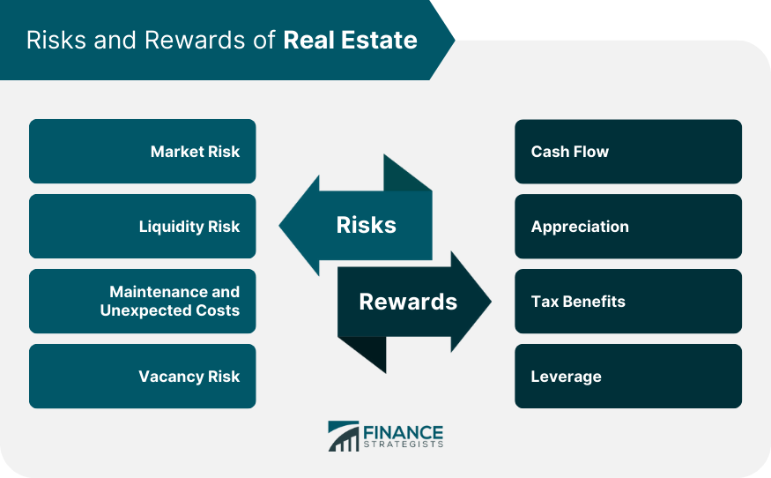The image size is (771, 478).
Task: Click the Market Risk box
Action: click(x=142, y=152)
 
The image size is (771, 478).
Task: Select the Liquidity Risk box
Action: click(x=142, y=227)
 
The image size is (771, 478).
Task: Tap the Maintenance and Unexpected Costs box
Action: click(x=142, y=302)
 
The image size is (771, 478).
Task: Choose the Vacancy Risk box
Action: click(x=142, y=377)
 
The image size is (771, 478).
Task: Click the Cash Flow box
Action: click(x=627, y=152)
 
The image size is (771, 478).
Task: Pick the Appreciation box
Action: click(x=627, y=227)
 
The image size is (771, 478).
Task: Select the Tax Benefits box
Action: click(x=627, y=302)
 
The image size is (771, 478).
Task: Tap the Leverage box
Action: click(x=627, y=377)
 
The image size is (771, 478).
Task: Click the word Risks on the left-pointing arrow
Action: click(x=366, y=226)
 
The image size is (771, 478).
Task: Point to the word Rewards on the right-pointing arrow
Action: click(x=408, y=302)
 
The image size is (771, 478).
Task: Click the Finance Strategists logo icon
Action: click(x=344, y=436)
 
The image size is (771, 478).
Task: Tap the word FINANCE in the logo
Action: click(x=403, y=431)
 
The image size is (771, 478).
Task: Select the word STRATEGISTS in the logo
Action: click(x=403, y=444)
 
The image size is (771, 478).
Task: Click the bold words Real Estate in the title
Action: click(x=350, y=41)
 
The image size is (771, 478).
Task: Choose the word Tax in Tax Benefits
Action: click(x=543, y=302)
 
